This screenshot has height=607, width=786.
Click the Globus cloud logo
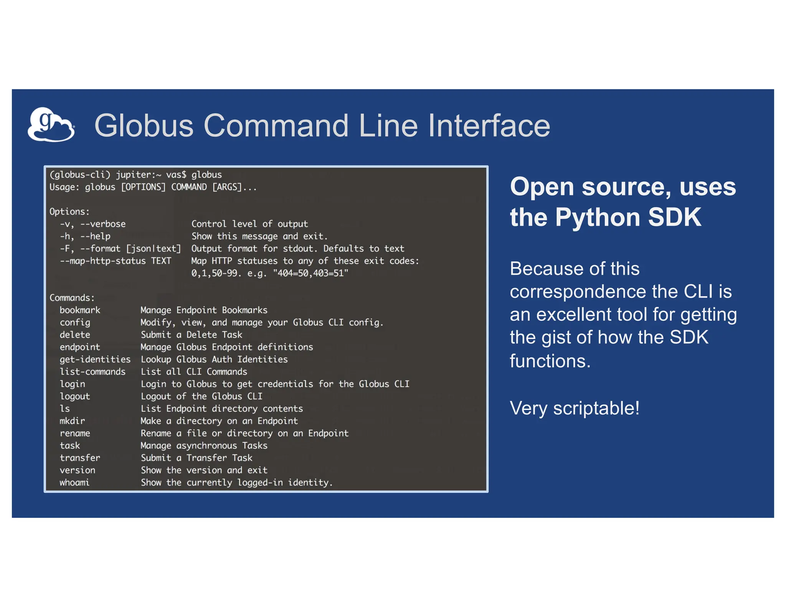51,125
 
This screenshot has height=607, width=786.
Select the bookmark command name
80,310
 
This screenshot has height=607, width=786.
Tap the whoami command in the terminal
74,482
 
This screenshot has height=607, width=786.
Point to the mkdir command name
72,421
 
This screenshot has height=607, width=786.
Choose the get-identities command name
95,360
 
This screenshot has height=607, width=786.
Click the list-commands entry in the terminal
92,372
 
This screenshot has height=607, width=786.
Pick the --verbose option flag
103,224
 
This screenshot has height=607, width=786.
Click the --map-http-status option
103,261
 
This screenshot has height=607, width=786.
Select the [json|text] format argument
154,249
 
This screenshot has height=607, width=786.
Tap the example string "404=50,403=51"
310,273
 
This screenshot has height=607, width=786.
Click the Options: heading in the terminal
69,212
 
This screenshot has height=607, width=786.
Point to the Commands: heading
72,298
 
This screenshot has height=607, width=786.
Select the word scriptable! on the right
596,408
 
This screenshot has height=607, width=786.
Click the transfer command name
80,458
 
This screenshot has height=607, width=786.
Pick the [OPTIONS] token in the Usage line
143,187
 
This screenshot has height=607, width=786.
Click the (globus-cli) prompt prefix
80,175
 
